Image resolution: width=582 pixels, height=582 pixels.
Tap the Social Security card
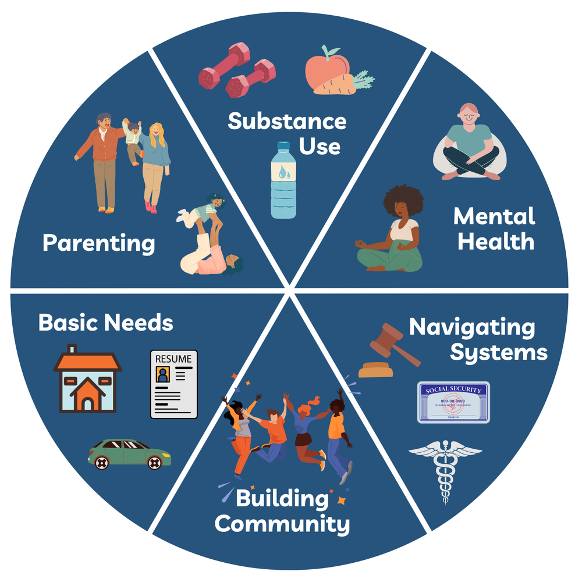[453, 402]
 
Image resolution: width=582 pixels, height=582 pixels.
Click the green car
[129, 454]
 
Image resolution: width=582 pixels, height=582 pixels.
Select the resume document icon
[173, 384]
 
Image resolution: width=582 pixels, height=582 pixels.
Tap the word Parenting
[99, 243]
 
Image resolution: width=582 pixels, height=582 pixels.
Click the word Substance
[286, 122]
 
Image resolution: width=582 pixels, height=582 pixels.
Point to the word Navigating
[471, 327]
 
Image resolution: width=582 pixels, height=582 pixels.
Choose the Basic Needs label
[106, 322]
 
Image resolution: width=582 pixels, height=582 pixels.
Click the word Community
[282, 524]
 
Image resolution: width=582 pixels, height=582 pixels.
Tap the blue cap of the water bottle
[283, 146]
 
